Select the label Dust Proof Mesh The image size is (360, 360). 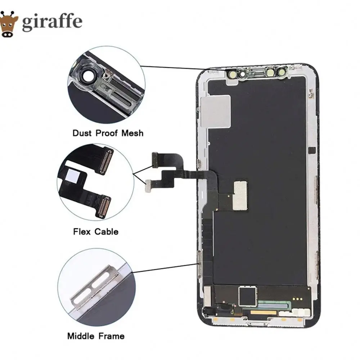tap(108, 133)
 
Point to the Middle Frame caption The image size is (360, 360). tap(96, 336)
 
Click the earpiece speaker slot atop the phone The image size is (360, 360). tap(256, 73)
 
